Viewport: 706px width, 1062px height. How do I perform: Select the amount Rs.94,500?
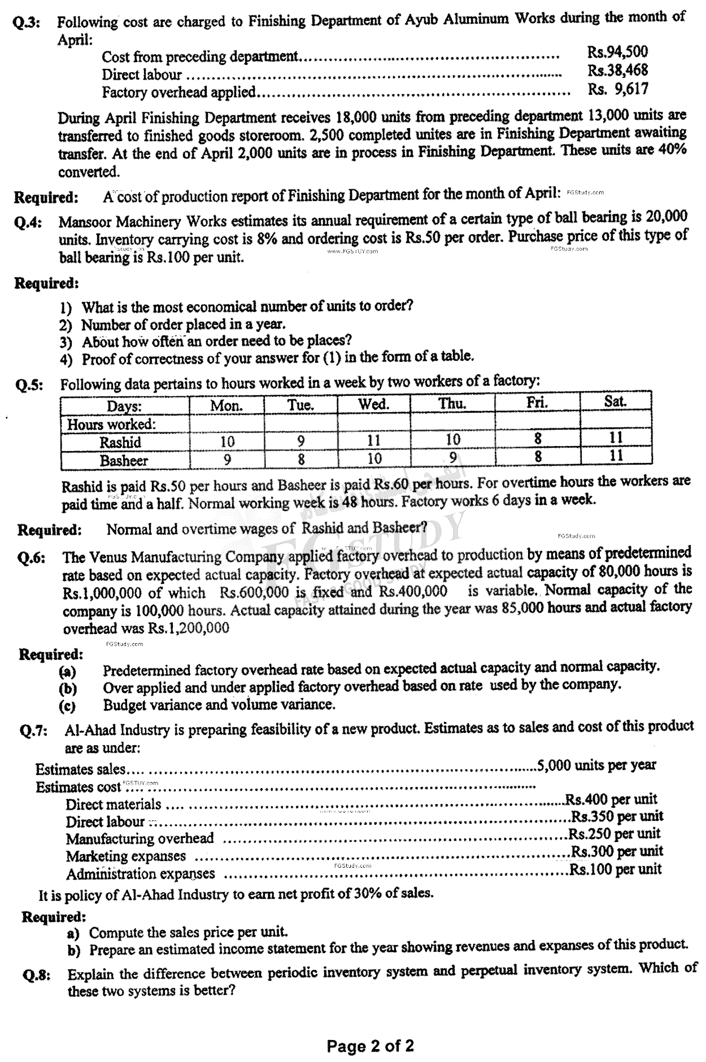[x=617, y=52]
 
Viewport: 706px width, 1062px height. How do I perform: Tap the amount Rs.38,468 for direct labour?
[x=617, y=70]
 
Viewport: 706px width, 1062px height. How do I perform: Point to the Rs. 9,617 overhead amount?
[x=617, y=89]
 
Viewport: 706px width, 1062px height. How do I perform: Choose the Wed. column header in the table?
[x=373, y=404]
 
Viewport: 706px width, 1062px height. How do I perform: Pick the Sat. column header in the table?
[x=615, y=401]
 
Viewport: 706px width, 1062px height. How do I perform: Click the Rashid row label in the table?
[x=120, y=442]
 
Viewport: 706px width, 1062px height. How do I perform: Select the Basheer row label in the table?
[x=124, y=460]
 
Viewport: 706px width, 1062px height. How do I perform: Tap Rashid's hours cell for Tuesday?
[x=300, y=442]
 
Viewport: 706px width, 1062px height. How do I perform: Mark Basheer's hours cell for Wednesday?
[x=374, y=458]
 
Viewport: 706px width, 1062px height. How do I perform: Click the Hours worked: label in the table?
[x=111, y=424]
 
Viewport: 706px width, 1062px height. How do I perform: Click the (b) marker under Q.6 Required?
[x=67, y=689]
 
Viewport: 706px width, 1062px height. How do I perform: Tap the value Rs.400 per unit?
[x=611, y=799]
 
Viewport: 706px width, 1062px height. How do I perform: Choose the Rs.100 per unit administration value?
[x=615, y=869]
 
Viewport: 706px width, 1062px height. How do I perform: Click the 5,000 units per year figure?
[x=596, y=765]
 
